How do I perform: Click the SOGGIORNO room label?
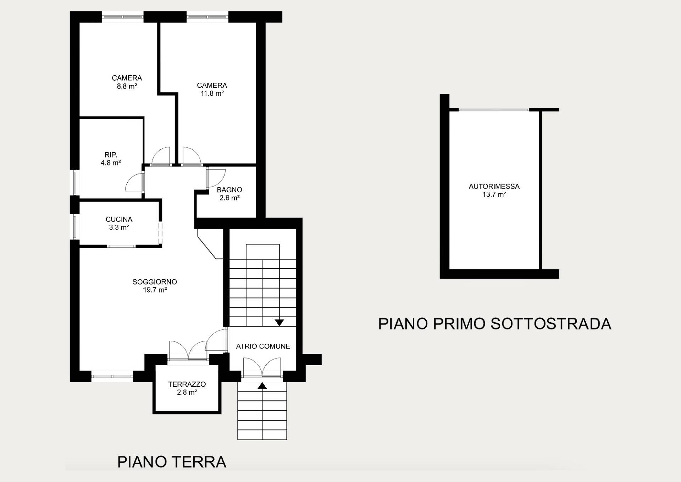click(x=155, y=282)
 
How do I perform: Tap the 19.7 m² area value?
click(x=155, y=290)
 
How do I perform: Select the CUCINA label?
click(x=119, y=219)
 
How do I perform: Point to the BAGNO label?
click(x=229, y=190)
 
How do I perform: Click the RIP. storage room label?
click(x=111, y=155)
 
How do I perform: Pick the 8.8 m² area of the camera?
click(x=127, y=86)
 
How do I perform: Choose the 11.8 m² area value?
click(x=212, y=93)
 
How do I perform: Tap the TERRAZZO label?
click(x=187, y=384)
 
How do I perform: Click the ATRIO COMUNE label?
click(x=263, y=346)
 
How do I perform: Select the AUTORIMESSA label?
click(x=494, y=186)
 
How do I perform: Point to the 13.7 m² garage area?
click(x=494, y=195)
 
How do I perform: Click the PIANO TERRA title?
click(x=172, y=462)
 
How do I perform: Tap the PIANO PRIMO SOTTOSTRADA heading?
click(x=495, y=324)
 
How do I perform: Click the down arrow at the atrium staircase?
click(x=279, y=323)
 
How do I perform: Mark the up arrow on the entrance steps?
click(x=262, y=385)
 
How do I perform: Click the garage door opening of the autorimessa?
click(x=494, y=110)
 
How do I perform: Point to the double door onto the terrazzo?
click(x=188, y=351)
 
